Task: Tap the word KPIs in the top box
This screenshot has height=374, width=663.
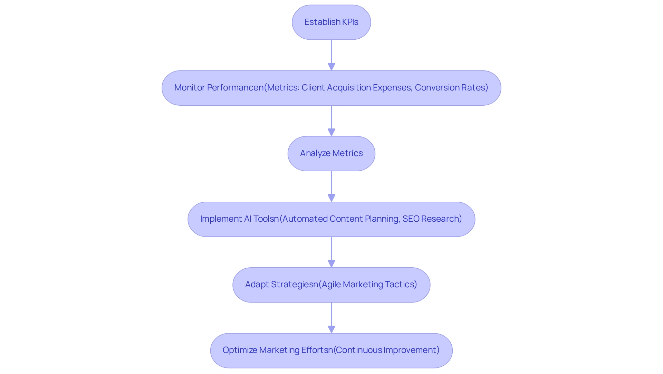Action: [350, 22]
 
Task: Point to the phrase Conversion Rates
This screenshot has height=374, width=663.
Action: [451, 88]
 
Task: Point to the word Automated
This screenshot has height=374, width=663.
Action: [305, 219]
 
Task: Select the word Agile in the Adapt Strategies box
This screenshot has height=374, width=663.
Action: [331, 285]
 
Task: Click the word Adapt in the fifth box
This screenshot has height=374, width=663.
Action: [257, 285]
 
